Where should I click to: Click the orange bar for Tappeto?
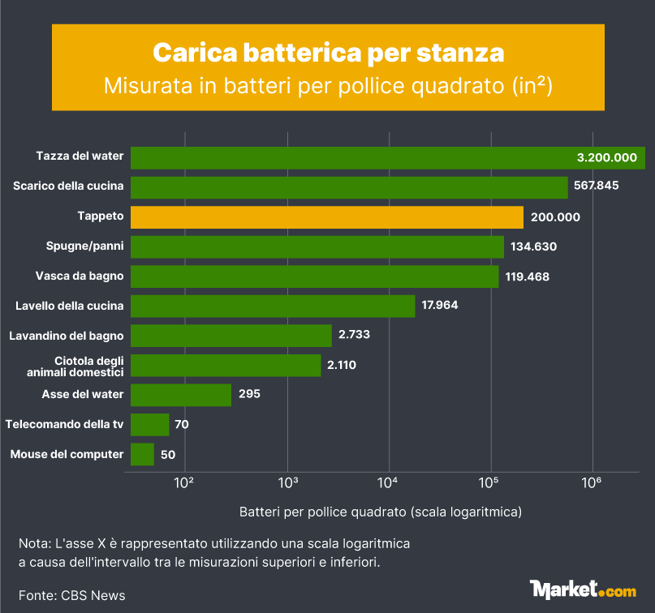coord(327,217)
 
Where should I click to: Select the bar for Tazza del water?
coord(387,158)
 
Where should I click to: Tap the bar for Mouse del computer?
coord(142,454)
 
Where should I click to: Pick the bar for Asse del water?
coord(181,395)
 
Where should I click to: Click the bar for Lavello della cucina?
coord(273,306)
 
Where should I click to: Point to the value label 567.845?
coord(597,186)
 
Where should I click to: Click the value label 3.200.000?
coord(606,158)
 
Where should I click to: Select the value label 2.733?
coord(354,335)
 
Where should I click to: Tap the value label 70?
coord(181,424)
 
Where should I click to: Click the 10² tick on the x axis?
coord(184,482)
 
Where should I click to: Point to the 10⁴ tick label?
coord(388,482)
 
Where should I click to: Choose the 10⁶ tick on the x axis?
coord(592,482)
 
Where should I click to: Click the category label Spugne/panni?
coord(85,246)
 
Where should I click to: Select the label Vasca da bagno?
coord(80,276)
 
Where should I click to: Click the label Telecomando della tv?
coord(64,424)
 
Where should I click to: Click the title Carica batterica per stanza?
coord(328,53)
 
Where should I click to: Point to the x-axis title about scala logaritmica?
coord(380,512)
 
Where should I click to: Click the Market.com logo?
coord(582,589)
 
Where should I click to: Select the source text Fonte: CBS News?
coord(72,595)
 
